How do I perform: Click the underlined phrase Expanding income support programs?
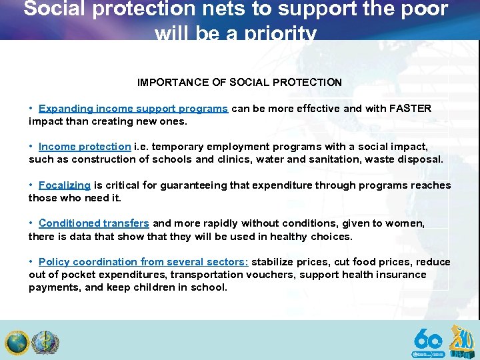(133, 109)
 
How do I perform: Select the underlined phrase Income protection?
(85, 147)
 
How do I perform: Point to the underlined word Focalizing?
(65, 185)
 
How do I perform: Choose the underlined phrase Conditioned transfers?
(94, 224)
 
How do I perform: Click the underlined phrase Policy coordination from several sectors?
(143, 262)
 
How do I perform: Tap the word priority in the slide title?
(273, 33)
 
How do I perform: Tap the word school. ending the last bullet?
(208, 287)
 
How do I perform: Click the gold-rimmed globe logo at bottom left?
(17, 343)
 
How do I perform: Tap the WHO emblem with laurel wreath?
(45, 343)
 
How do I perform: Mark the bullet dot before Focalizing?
(31, 185)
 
